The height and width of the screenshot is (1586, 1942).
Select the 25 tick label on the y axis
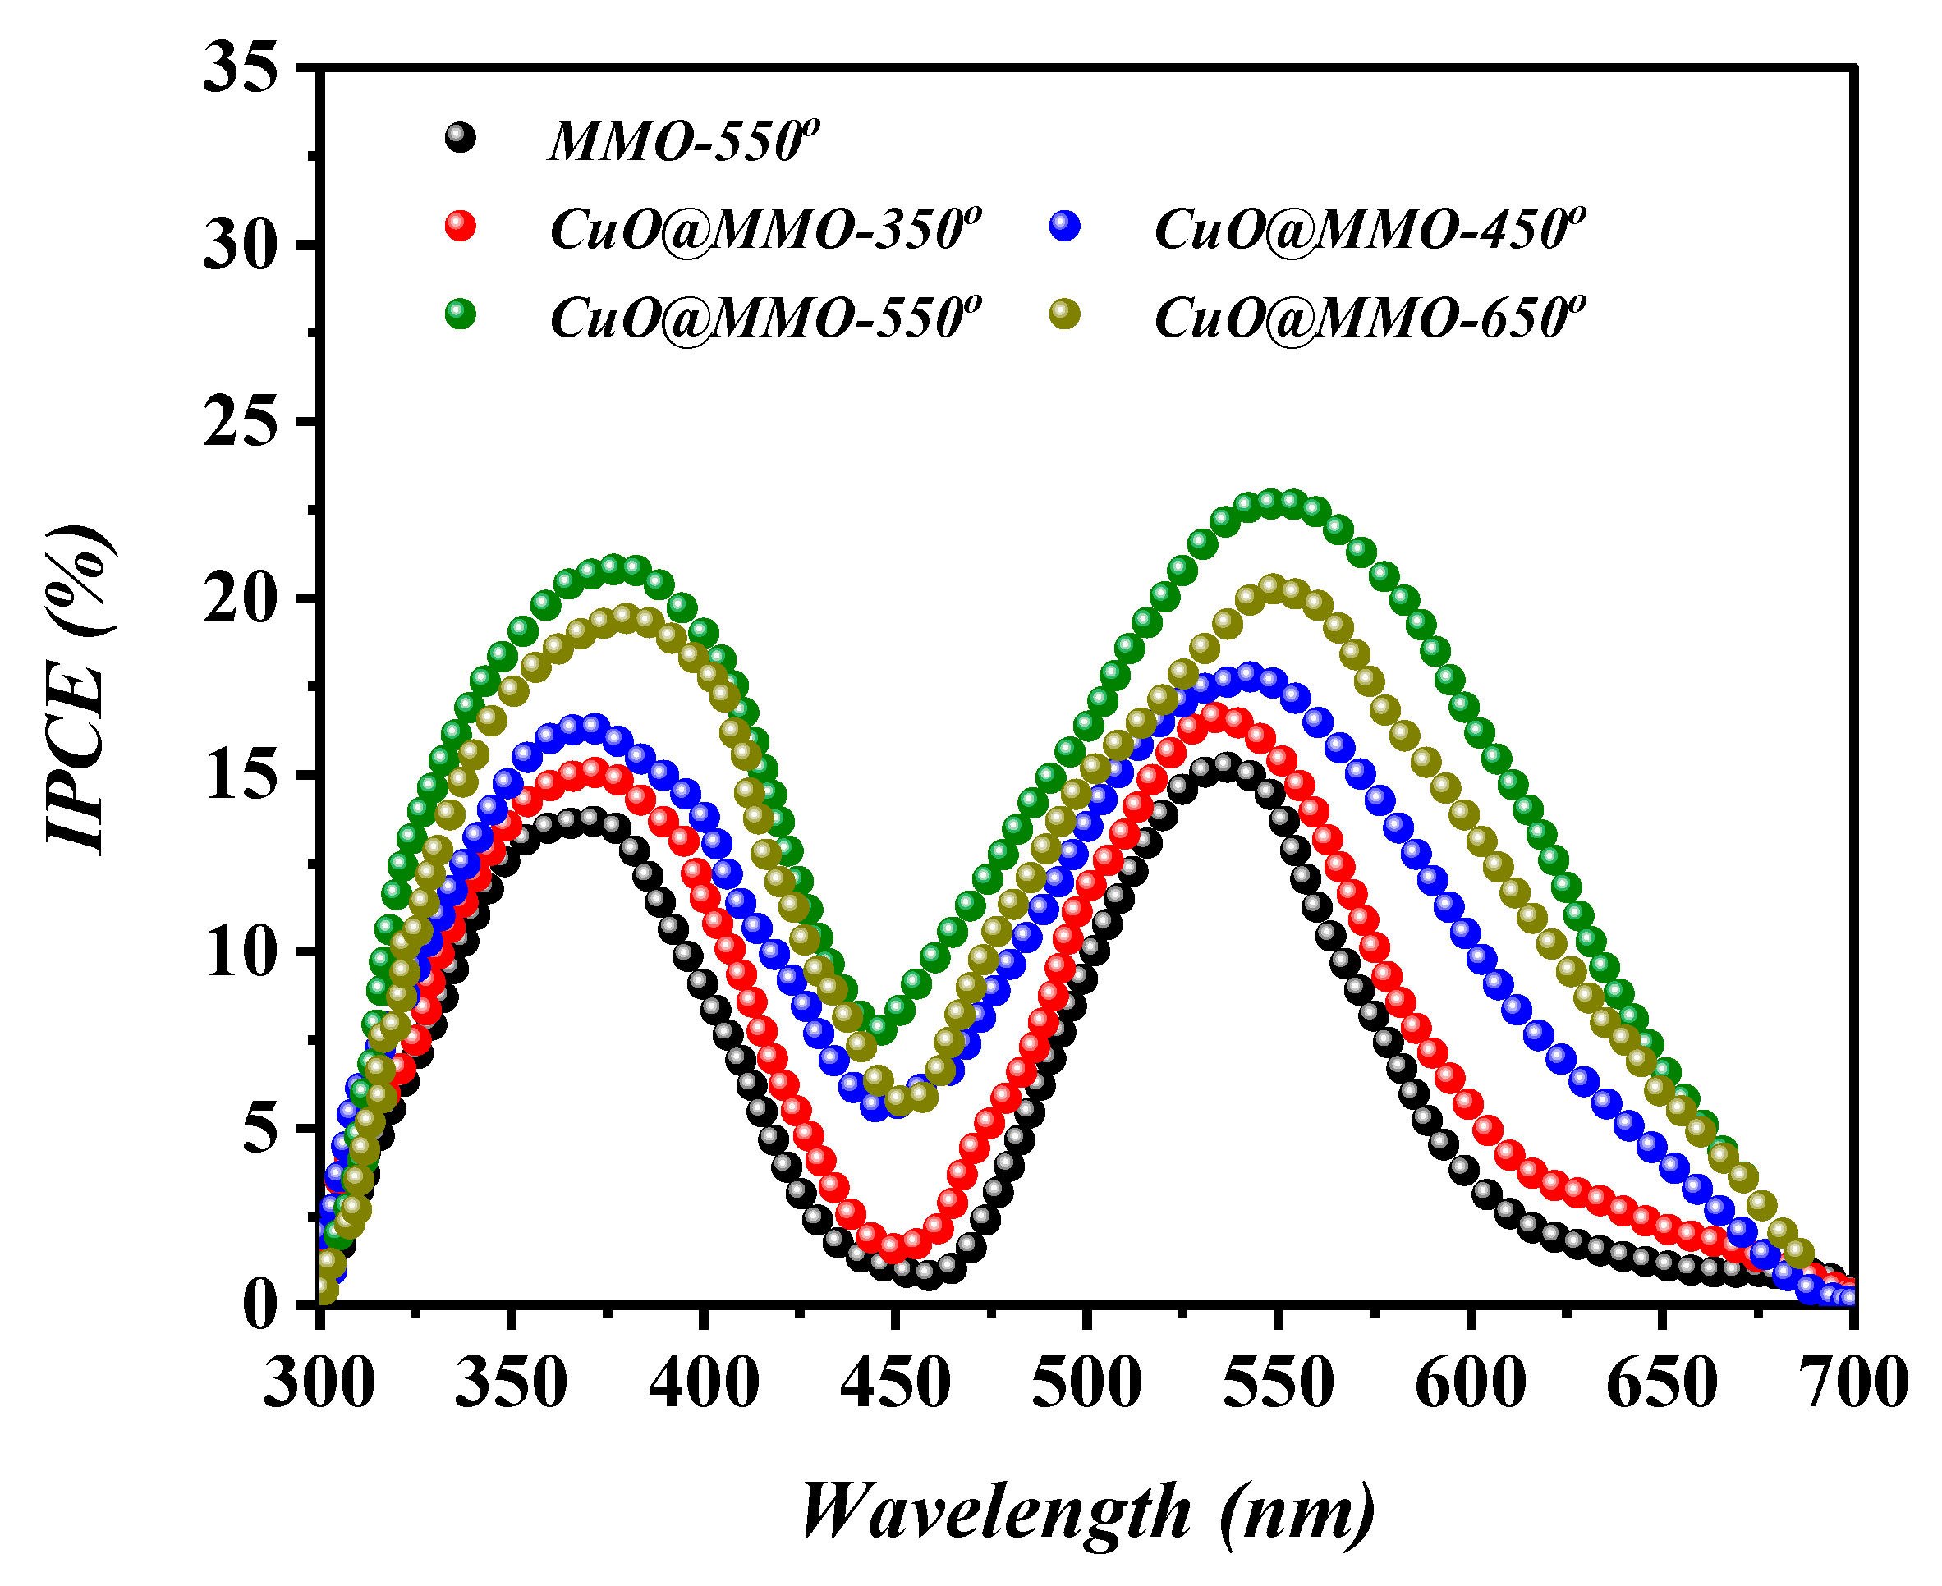click(x=240, y=422)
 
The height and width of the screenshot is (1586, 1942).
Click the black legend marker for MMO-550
click(x=461, y=138)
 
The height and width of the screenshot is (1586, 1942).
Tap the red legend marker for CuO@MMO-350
click(x=461, y=225)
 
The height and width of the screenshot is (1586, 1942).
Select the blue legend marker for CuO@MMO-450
click(x=1065, y=225)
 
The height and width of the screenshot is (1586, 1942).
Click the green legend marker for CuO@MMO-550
click(x=461, y=314)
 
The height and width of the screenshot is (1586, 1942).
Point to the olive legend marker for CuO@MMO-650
click(x=1065, y=314)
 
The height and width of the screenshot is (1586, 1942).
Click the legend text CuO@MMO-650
click(x=1369, y=318)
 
